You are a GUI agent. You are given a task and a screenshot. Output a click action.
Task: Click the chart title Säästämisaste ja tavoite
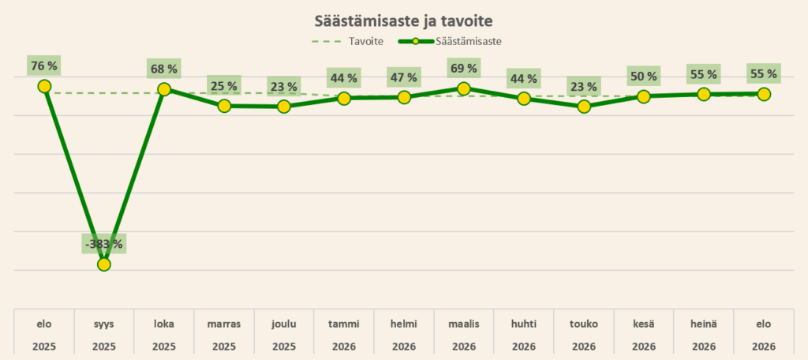403,21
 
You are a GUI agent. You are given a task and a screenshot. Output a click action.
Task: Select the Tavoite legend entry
347,42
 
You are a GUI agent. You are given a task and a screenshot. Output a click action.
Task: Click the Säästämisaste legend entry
450,42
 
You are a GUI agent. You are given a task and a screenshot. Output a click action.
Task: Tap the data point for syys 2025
104,264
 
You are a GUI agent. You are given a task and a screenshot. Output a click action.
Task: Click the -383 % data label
104,244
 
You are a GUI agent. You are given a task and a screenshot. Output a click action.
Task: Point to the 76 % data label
44,66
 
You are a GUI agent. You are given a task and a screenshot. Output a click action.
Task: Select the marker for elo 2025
44,86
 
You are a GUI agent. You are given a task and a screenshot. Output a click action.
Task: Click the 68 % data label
164,69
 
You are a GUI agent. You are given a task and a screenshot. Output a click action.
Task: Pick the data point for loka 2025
164,89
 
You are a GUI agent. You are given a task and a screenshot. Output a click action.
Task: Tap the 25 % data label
224,85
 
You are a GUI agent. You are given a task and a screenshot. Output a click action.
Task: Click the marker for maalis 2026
464,88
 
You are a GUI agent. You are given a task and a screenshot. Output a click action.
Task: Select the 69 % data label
464,68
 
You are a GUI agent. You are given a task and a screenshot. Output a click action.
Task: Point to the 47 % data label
404,77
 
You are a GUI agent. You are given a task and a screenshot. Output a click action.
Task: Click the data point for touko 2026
584,107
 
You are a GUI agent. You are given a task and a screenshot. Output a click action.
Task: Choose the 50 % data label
644,77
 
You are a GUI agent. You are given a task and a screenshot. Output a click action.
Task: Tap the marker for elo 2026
764,94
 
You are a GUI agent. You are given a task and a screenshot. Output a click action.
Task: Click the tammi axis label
344,324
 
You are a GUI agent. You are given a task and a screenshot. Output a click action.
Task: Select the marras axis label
224,324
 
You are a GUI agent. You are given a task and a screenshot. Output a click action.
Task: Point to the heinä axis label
703,324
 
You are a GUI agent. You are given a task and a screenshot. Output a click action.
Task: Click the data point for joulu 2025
284,107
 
